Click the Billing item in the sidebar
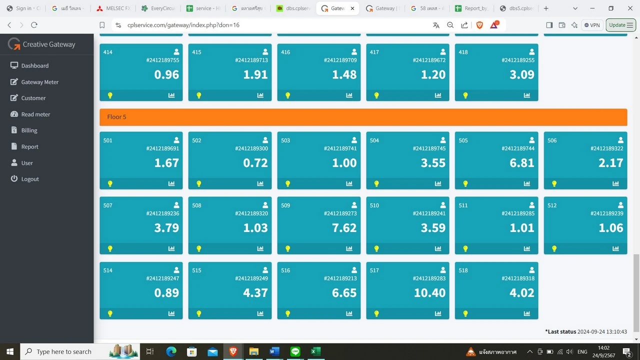(x=29, y=130)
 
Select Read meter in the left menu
(x=35, y=114)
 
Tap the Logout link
(x=30, y=179)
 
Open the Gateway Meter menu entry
(x=39, y=82)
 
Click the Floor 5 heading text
(x=116, y=117)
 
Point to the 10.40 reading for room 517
(x=429, y=292)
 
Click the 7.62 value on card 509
(x=344, y=227)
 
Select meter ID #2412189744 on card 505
(x=518, y=148)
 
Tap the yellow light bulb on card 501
(x=110, y=183)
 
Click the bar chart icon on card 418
(x=527, y=95)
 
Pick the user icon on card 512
(x=620, y=205)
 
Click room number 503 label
(x=285, y=140)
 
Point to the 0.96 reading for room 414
(x=166, y=74)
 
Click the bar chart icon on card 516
(x=349, y=313)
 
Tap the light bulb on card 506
(x=554, y=183)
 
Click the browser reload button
(x=34, y=25)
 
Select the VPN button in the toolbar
(x=592, y=25)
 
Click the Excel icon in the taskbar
(x=315, y=351)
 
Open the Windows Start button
(x=10, y=351)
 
